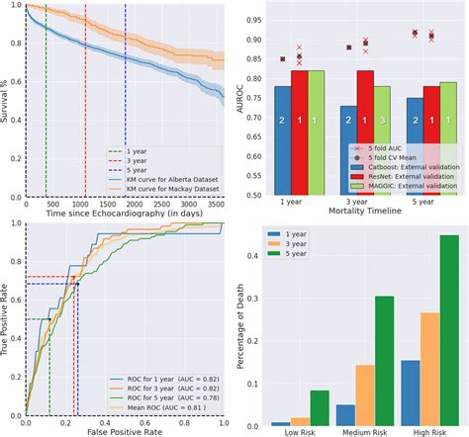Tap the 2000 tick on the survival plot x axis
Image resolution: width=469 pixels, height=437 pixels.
tap(138, 202)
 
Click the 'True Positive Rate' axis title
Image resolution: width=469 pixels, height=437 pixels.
tap(7, 318)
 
